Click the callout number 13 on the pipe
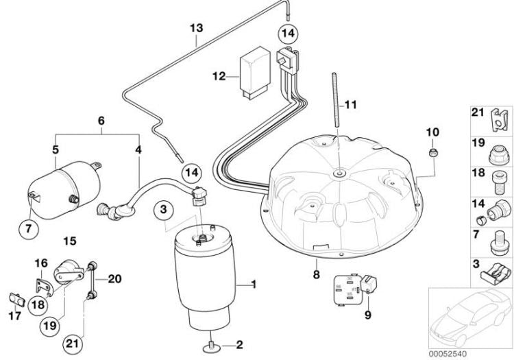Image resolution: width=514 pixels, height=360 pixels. coord(196,28)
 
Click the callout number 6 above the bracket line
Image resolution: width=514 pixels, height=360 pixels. coord(101,120)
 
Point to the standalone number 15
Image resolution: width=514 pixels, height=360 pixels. coord(69,240)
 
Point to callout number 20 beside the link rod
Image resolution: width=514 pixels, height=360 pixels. coord(114,278)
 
